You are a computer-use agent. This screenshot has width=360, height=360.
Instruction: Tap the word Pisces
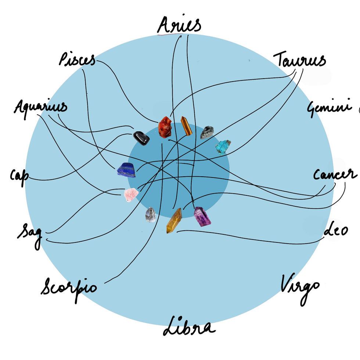click(77, 59)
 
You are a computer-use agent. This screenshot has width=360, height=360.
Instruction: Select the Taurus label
click(299, 59)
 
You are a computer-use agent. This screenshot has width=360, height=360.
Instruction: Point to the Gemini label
click(330, 107)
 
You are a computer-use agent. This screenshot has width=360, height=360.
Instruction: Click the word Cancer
click(335, 174)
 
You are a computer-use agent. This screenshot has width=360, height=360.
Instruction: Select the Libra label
click(189, 326)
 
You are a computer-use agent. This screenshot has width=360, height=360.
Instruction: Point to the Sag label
click(30, 235)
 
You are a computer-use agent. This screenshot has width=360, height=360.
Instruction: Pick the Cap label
click(19, 177)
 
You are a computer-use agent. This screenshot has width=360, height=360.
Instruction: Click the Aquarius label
click(40, 108)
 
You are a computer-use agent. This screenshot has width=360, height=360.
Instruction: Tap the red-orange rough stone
click(165, 127)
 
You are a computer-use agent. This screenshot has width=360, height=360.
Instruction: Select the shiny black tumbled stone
click(141, 138)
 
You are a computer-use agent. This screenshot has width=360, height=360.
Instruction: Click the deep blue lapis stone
click(126, 170)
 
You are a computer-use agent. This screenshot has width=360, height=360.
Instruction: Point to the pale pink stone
click(131, 195)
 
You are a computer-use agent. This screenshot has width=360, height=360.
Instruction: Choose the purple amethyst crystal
click(202, 216)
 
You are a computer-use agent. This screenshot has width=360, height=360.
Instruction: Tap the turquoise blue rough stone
click(223, 147)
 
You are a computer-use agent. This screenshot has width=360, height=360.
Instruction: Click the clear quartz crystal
click(151, 215)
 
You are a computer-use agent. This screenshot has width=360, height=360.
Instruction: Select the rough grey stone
click(207, 132)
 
